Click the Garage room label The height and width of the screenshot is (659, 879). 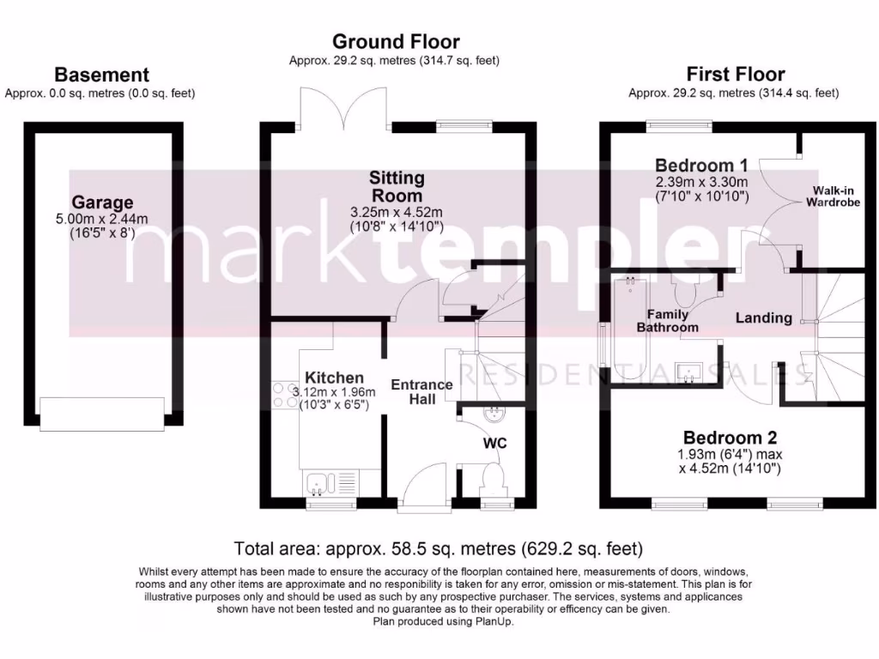(x=102, y=203)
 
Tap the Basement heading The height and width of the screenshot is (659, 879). (x=101, y=76)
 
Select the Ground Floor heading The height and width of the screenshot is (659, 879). (x=396, y=41)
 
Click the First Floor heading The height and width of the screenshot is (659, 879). (x=735, y=74)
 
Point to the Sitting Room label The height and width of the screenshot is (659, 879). (x=397, y=186)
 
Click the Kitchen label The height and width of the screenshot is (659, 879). (x=334, y=378)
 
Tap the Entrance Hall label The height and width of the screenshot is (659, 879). (x=421, y=390)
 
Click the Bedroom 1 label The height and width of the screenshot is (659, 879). (x=702, y=165)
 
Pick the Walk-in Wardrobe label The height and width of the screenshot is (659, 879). (x=833, y=196)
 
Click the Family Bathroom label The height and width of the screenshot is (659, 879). (x=667, y=321)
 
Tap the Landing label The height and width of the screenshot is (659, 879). (x=764, y=318)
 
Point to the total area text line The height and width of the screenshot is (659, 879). (x=439, y=547)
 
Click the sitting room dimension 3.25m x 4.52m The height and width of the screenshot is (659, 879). (x=397, y=213)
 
